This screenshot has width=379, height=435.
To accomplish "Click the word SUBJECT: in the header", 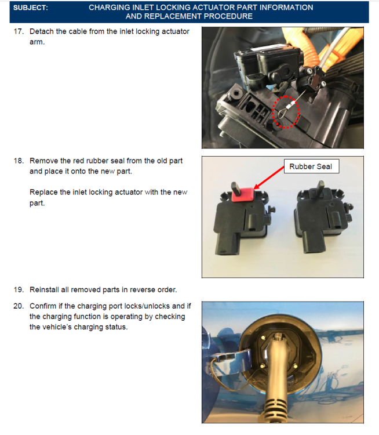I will point(31,8).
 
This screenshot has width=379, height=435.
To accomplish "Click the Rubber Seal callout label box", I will point(311,166).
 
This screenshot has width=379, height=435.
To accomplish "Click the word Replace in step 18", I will point(43,192).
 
